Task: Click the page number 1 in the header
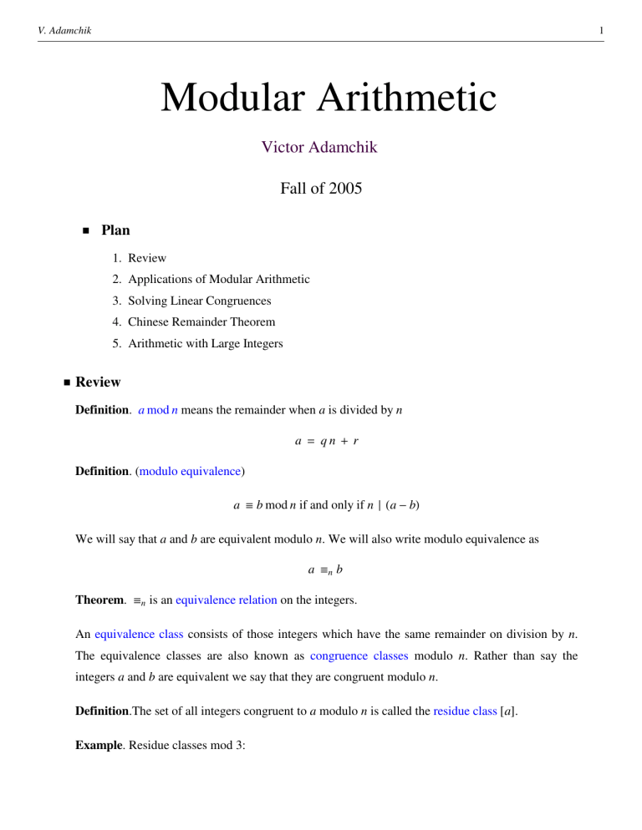click(x=601, y=32)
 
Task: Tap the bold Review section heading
click(x=98, y=382)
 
